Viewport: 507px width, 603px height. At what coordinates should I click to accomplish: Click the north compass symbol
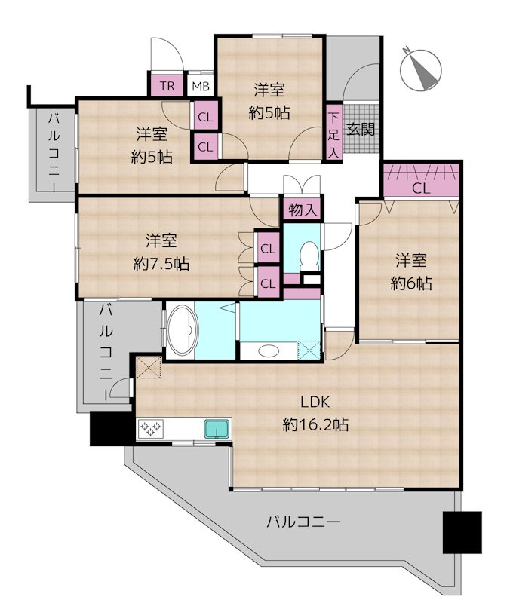click(x=420, y=70)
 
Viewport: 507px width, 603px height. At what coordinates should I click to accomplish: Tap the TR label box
click(x=167, y=85)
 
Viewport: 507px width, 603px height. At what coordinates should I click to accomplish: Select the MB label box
click(x=201, y=85)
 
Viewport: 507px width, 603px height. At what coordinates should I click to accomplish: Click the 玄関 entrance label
click(x=361, y=129)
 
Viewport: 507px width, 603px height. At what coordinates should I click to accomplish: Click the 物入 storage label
click(x=303, y=210)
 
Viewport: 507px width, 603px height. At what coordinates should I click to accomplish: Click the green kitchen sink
click(x=217, y=428)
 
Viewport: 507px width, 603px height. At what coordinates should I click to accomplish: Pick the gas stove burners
click(x=151, y=428)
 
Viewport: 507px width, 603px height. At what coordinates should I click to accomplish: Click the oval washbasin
click(x=269, y=350)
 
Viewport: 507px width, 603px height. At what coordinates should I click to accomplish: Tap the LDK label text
click(x=315, y=403)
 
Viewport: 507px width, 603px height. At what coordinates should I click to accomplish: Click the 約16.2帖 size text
click(x=315, y=425)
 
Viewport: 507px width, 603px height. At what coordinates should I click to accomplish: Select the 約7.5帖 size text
click(x=161, y=264)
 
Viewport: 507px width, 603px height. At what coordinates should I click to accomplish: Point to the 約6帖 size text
click(x=411, y=283)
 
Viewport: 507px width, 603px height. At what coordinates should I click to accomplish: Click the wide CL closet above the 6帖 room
click(x=421, y=180)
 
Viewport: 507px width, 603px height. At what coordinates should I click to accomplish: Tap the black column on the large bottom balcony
click(x=462, y=532)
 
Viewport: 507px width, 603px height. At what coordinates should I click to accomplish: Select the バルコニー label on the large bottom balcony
click(x=303, y=522)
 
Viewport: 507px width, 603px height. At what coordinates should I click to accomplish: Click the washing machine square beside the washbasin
click(x=309, y=350)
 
